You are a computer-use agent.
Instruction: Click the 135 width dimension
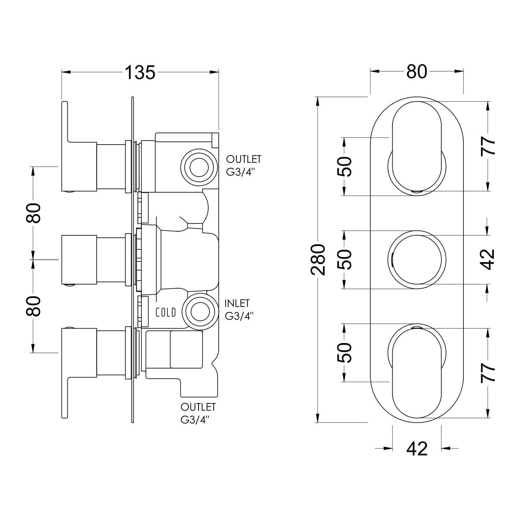pos(140,73)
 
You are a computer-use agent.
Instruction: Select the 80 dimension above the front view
pos(417,72)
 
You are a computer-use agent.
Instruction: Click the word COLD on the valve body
pos(166,313)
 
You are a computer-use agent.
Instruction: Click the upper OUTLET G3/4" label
pos(244,166)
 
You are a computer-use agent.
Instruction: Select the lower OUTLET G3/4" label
pos(198,413)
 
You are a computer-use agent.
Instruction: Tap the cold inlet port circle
pos(200,312)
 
